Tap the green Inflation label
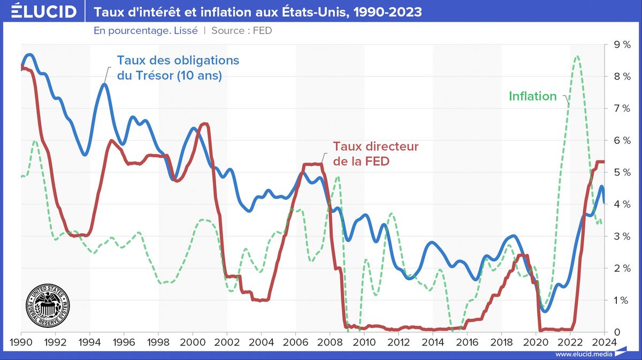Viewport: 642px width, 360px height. click(x=532, y=96)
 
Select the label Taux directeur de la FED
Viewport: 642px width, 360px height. click(x=376, y=153)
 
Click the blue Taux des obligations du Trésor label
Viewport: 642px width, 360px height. click(x=178, y=67)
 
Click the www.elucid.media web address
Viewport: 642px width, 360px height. click(x=583, y=354)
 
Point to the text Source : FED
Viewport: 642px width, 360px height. click(x=241, y=30)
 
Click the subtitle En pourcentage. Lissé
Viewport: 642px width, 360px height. click(x=146, y=30)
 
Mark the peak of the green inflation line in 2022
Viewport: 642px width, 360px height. click(x=576, y=56)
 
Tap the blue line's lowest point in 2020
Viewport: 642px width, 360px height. click(x=545, y=311)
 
